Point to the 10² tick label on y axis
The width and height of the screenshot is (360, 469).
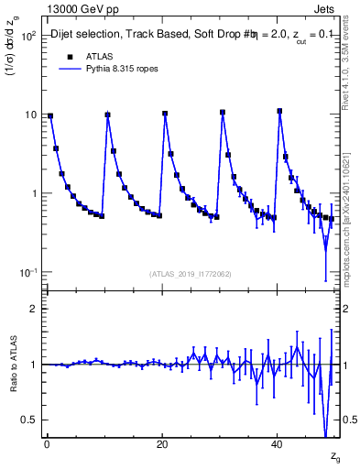(x=27, y=36)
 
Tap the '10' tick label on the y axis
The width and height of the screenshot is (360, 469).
(x=29, y=115)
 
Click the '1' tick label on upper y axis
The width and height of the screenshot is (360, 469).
(x=32, y=193)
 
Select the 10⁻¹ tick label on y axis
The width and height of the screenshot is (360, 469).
(x=27, y=272)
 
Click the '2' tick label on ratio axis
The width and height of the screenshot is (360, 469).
(x=32, y=309)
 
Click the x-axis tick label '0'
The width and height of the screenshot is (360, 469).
(x=46, y=443)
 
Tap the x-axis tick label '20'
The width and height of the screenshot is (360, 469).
(x=161, y=443)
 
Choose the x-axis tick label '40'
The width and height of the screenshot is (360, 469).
(x=277, y=443)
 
